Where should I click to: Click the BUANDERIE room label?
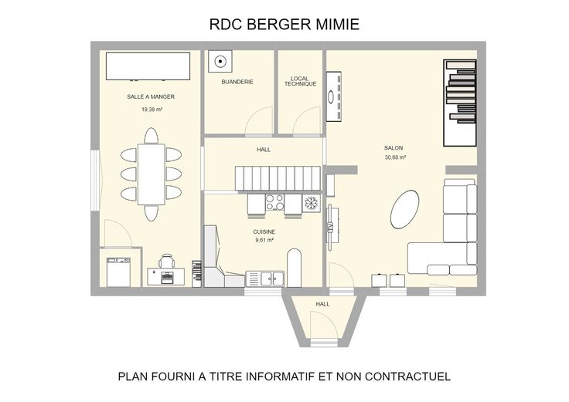pos(237,83)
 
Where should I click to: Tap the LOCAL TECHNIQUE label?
pos(300,81)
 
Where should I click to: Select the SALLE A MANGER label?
pos(151,96)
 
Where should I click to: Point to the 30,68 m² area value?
pos(395,157)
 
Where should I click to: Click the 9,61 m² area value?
pos(264,240)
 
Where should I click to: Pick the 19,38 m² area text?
pos(152,110)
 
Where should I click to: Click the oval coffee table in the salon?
pos(404,209)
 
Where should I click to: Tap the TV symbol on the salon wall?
pos(331,227)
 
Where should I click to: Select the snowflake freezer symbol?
pos(311,203)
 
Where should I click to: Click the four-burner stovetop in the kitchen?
pos(274,202)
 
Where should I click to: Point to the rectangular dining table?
pos(152,174)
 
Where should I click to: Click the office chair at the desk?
pos(166,261)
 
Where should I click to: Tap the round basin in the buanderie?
pos(220,62)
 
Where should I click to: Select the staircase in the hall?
pos(278,178)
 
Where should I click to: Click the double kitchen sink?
pos(273,279)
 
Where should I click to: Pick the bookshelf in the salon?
pos(460,103)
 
